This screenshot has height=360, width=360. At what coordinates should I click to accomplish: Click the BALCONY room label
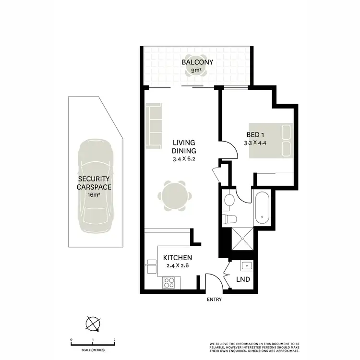pos(197,62)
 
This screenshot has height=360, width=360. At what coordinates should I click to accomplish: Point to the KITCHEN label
pos(178,258)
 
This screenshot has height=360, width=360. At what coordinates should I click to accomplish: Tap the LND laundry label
pos(243,279)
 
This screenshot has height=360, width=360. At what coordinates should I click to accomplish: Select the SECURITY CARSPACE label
pos(95,183)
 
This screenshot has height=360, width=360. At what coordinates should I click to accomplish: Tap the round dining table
pos(175,196)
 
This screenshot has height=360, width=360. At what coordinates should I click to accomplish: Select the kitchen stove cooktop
pos(169,283)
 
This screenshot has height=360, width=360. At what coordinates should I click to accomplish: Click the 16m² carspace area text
pos(95,195)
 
